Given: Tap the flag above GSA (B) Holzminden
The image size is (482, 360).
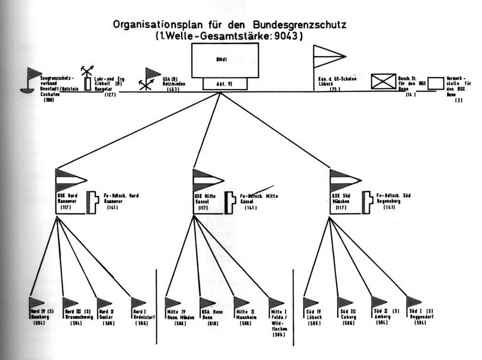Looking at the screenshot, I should [x=152, y=74].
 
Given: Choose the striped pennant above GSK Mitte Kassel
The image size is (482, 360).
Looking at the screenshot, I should [x=206, y=180].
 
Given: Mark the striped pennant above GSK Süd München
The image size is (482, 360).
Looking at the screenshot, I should [x=343, y=180].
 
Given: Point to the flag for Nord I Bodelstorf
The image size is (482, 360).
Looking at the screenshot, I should [x=138, y=302].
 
